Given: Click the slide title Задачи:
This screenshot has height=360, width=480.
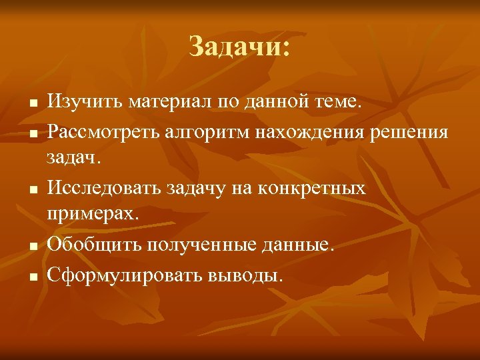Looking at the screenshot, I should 239,47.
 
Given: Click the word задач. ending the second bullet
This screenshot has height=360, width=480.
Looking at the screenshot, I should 74,160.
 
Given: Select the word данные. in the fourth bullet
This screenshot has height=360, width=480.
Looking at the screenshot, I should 297,245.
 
